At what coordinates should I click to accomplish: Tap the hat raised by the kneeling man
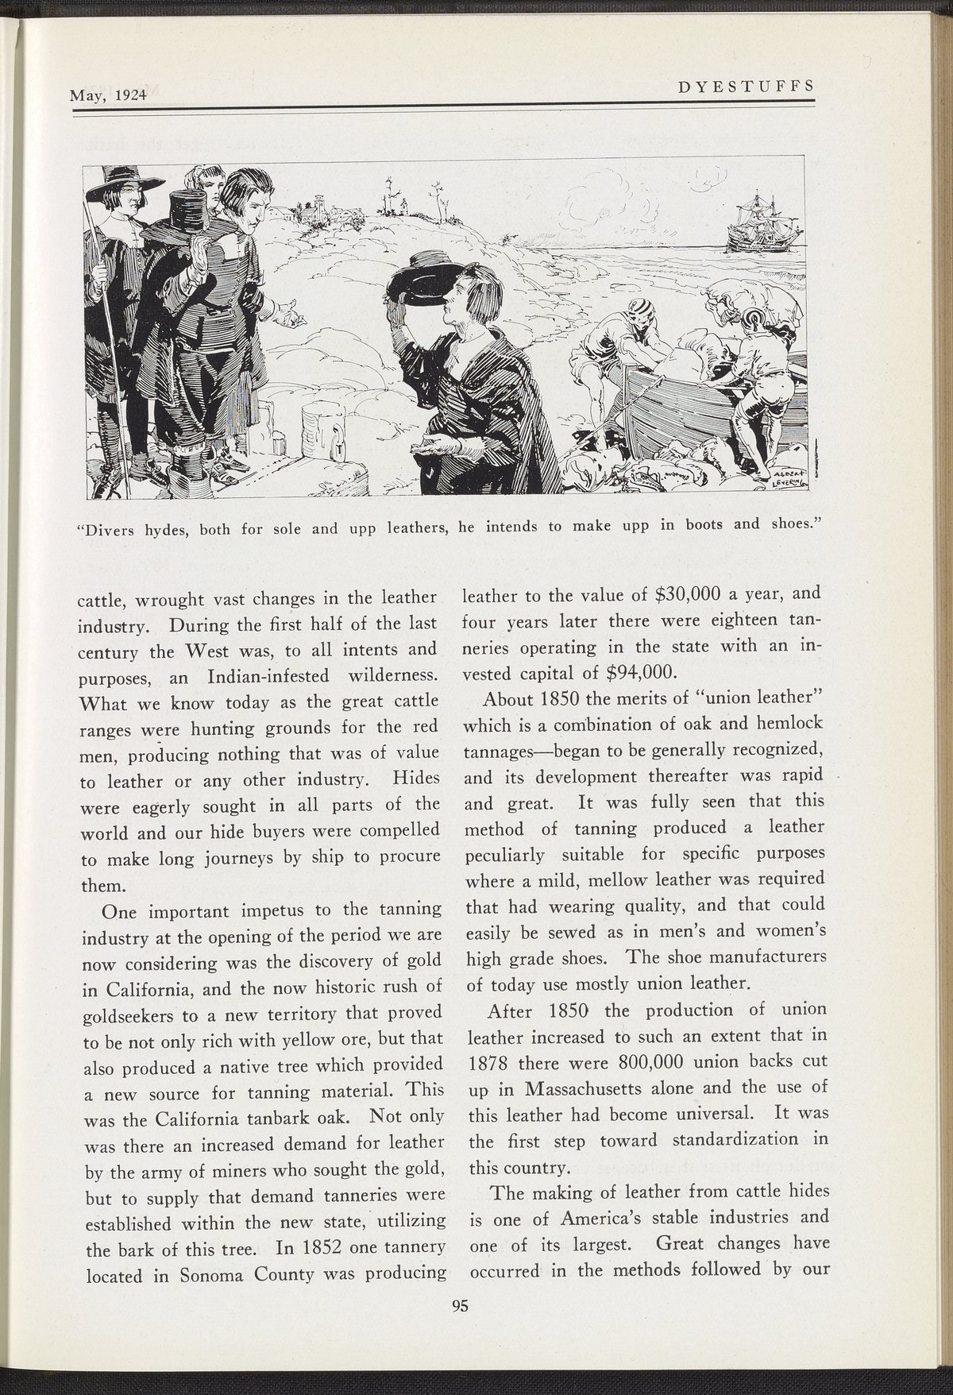[x=417, y=279]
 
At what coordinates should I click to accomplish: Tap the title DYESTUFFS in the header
[x=745, y=86]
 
